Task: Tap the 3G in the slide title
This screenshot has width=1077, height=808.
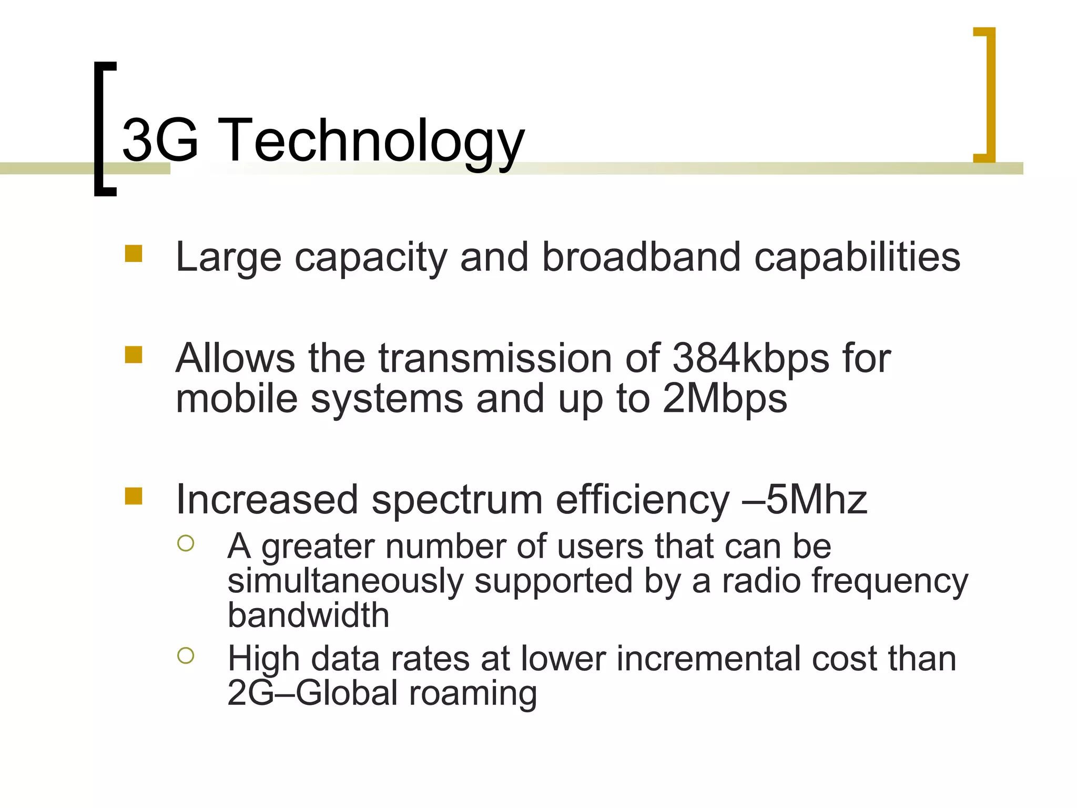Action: click(160, 140)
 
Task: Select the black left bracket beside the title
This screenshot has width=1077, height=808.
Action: click(100, 129)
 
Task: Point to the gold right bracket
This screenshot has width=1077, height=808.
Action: click(990, 95)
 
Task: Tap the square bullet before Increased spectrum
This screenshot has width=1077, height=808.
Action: click(134, 496)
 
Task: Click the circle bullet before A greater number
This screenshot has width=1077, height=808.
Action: click(186, 543)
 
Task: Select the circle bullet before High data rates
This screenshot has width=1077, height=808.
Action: click(186, 655)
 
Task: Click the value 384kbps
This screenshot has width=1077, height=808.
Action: click(751, 359)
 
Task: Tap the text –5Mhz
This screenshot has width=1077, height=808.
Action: click(804, 500)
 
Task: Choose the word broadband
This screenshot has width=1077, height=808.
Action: click(641, 257)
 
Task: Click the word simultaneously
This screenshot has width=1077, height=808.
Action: click(345, 581)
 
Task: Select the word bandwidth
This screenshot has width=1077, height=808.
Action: click(308, 615)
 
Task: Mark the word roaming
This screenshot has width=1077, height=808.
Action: click(473, 693)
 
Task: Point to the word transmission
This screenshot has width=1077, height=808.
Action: click(495, 359)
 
